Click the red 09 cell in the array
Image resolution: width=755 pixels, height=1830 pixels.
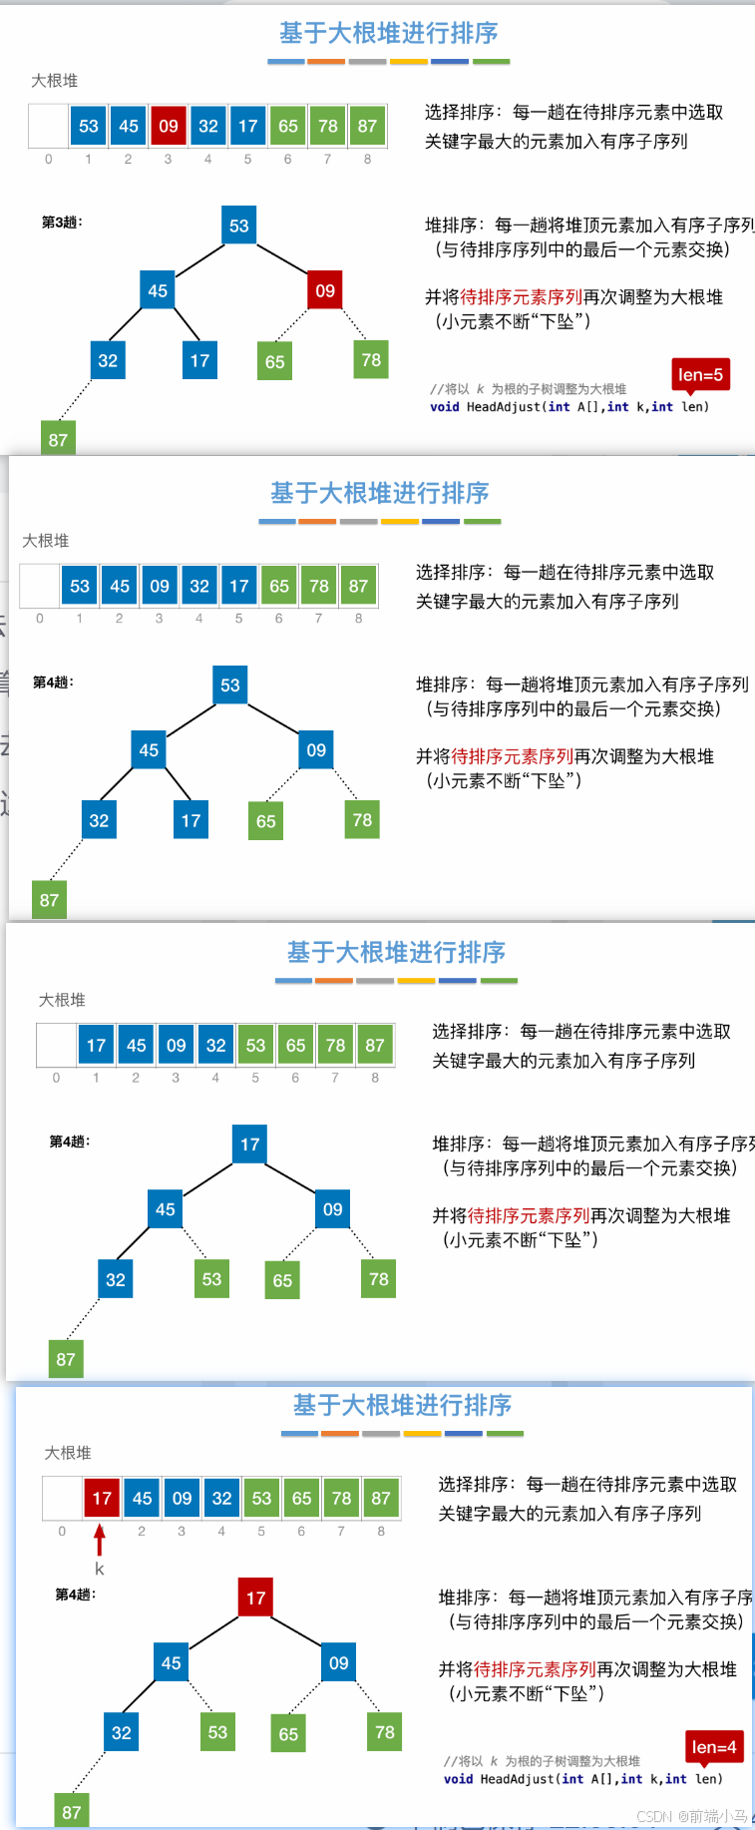click(168, 127)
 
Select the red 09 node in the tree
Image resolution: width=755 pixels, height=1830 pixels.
click(325, 290)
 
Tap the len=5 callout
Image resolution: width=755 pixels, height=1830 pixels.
click(700, 375)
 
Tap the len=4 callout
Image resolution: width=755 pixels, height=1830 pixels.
click(714, 1747)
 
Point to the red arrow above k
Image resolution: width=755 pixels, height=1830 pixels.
click(100, 1541)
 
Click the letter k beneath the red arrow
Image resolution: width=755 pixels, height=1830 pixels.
click(100, 1570)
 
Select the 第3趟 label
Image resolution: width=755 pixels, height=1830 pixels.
click(62, 222)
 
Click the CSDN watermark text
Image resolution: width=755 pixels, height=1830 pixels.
click(691, 1816)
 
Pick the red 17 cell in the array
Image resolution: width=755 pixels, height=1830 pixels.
click(102, 1498)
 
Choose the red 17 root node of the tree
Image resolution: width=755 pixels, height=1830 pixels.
click(256, 1598)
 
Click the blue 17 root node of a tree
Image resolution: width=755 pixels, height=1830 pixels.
click(250, 1144)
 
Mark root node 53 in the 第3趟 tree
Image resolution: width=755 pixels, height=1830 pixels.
click(239, 226)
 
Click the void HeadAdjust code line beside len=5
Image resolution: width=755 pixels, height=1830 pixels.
click(569, 407)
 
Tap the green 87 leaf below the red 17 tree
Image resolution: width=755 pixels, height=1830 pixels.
click(72, 1812)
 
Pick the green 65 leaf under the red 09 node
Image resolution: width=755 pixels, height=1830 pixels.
click(275, 362)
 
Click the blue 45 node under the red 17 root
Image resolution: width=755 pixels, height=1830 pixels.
click(172, 1662)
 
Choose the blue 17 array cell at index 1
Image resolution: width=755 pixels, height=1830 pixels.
click(96, 1045)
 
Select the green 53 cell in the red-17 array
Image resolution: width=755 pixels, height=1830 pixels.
click(261, 1498)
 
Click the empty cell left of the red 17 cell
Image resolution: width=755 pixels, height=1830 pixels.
click(62, 1498)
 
